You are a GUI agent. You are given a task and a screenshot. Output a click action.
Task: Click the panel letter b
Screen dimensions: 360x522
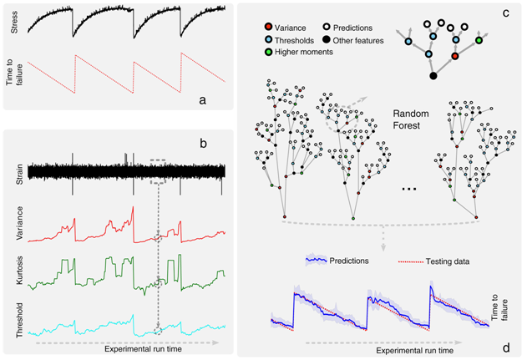202,143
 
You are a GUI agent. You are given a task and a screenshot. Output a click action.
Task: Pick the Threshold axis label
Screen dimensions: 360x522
17,321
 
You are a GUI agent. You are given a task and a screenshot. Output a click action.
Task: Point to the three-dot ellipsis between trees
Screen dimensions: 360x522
409,190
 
